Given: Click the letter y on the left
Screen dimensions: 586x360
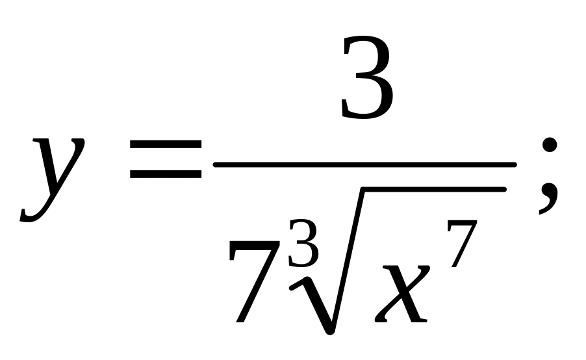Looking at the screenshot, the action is coord(53,175).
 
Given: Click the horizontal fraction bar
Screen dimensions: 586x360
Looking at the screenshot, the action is coord(364,165).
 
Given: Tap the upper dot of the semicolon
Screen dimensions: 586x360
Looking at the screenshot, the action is coord(549,146).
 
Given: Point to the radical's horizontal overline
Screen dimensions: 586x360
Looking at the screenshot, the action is coord(432,189).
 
